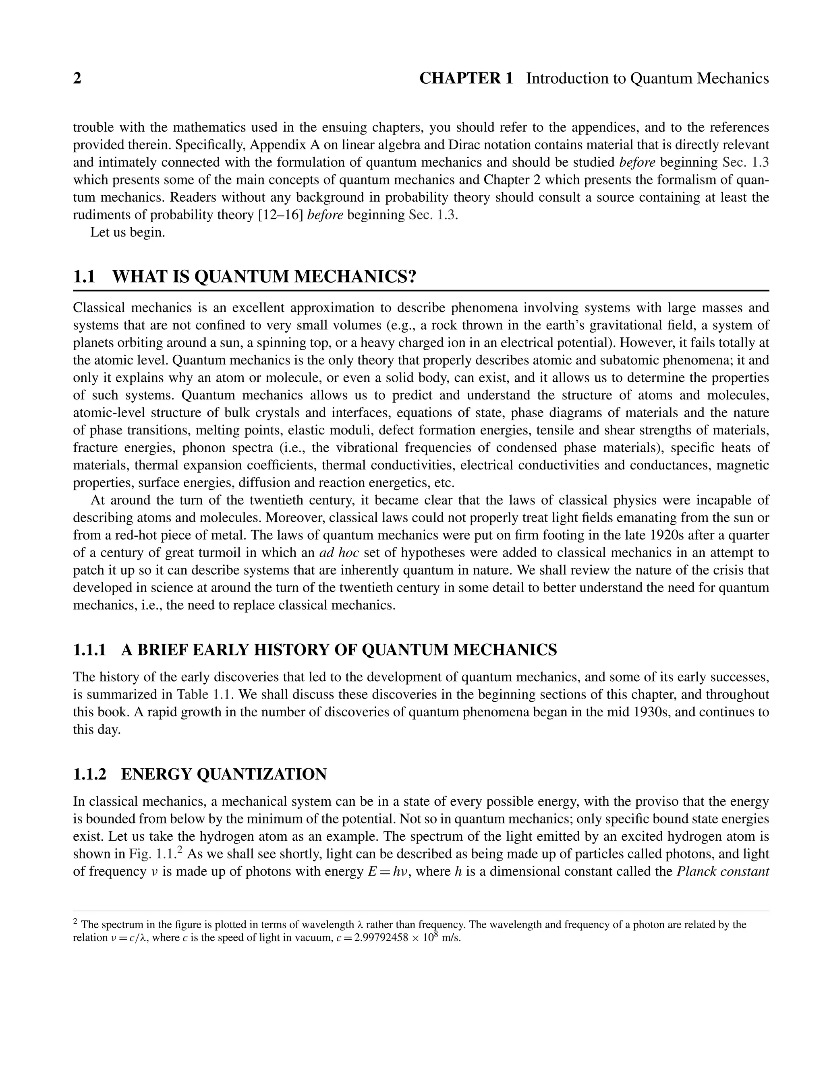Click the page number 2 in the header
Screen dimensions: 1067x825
click(x=77, y=79)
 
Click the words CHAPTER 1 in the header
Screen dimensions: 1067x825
click(x=466, y=79)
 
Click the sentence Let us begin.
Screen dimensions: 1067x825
click(x=128, y=233)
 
